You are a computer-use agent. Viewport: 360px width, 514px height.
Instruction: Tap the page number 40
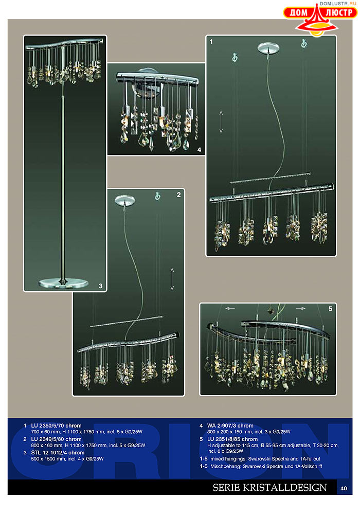click(344, 488)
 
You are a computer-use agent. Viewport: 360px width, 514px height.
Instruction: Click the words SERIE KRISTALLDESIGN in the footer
click(269, 488)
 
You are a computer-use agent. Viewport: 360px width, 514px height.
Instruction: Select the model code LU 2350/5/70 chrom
click(57, 426)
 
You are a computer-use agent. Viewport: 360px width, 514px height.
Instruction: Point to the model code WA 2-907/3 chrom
click(230, 426)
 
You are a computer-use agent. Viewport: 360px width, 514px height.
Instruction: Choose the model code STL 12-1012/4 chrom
click(58, 452)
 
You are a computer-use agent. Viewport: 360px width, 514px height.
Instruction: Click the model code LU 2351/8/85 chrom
click(232, 439)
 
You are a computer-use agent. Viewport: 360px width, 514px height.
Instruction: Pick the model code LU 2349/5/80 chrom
click(57, 439)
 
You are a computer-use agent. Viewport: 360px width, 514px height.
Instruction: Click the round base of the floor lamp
click(63, 283)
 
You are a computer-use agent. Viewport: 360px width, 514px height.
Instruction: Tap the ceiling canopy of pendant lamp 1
click(268, 48)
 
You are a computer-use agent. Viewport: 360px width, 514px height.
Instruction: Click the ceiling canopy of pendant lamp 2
click(125, 200)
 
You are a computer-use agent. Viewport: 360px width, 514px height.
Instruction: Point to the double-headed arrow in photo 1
click(221, 121)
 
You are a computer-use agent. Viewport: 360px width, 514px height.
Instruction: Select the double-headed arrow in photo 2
click(172, 279)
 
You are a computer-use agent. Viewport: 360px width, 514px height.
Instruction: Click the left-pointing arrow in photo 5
click(230, 309)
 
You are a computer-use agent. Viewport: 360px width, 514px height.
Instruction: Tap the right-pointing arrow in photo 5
click(301, 309)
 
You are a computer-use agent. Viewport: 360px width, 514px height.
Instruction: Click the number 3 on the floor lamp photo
click(101, 286)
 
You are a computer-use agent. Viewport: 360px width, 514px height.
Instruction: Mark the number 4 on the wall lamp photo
click(199, 150)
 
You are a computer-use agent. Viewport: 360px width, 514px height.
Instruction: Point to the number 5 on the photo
click(330, 309)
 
